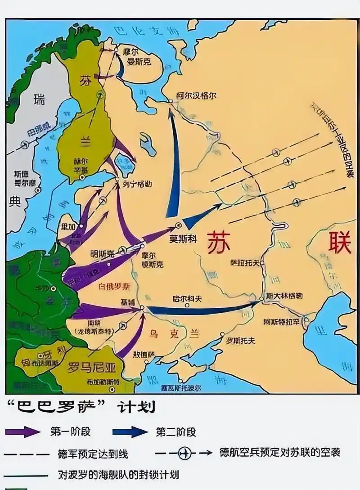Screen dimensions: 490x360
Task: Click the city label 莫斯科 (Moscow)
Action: tap(183, 239)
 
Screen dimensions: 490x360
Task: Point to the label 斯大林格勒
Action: tap(284, 297)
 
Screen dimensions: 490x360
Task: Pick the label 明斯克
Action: tap(102, 253)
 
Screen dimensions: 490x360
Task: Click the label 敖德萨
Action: tap(143, 354)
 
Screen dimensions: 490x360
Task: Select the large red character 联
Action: tap(339, 243)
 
